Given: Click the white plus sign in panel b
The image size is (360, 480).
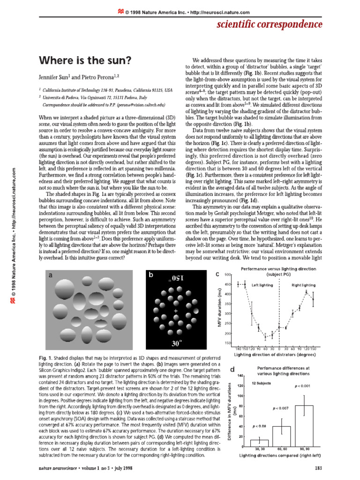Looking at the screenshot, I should pyautogui.click(x=176, y=311).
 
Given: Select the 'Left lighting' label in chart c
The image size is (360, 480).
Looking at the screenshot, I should pyautogui.click(x=262, y=285).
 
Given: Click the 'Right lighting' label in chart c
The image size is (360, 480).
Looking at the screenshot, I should pyautogui.click(x=303, y=285).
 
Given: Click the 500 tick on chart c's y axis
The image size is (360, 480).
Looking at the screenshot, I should pyautogui.click(x=228, y=274).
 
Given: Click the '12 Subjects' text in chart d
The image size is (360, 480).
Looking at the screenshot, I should pyautogui.click(x=261, y=383).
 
